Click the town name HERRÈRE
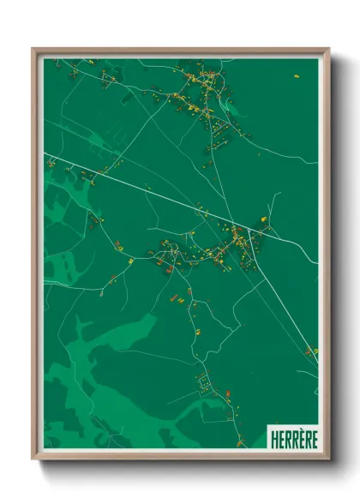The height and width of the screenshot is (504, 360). pos(292,436)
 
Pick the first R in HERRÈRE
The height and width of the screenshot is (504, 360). pos(286,436)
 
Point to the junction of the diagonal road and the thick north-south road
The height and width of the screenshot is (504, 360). pos(249,229)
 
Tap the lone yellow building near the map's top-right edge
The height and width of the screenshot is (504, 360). pos(297,76)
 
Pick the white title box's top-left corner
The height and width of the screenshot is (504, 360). pos(267,424)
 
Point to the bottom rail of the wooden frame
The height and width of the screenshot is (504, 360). pos(180,455)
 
